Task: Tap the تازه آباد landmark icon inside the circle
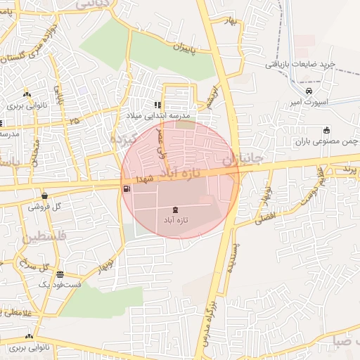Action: (175, 210)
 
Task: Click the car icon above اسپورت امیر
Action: (309, 91)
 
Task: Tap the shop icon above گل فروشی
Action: (46, 196)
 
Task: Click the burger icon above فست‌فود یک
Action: (60, 274)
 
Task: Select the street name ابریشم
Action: (210, 97)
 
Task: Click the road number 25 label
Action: (75, 121)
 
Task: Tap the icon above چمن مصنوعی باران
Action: (326, 130)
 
